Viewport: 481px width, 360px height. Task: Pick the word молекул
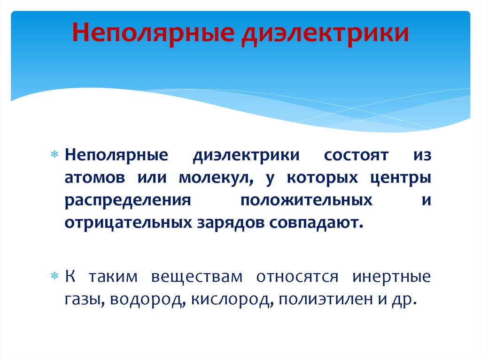[x=216, y=178]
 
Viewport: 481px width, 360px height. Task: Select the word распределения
[x=128, y=200]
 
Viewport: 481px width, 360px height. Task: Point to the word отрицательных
[x=127, y=222]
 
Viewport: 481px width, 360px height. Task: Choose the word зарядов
[x=230, y=222]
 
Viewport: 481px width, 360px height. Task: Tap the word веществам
[x=197, y=277]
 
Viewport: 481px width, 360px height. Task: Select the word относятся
[x=297, y=277]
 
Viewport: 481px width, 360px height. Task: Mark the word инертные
[x=391, y=277]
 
